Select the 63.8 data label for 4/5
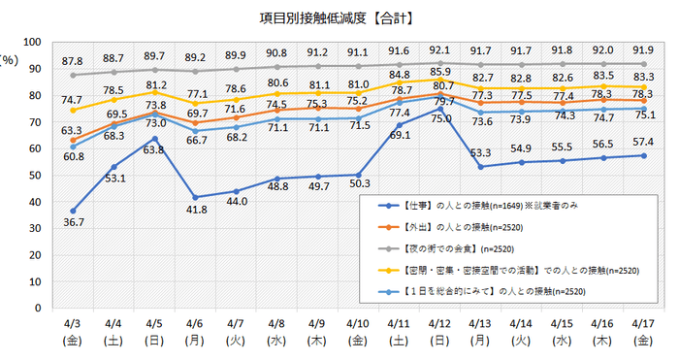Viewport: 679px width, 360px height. pos(153,150)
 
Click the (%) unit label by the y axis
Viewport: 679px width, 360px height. pos(8,59)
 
